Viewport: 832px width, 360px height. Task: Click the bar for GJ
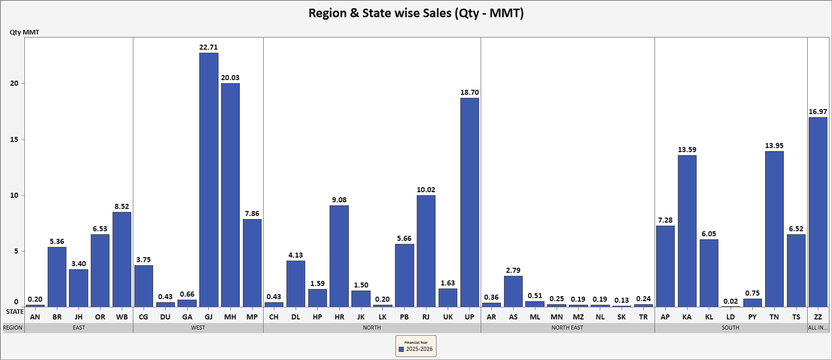(208, 180)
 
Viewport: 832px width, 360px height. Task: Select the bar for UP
(469, 202)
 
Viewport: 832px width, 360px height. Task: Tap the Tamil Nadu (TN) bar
(774, 229)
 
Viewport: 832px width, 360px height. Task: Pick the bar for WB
(122, 260)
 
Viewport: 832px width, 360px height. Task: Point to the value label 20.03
(230, 78)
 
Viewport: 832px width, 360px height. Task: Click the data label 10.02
(426, 190)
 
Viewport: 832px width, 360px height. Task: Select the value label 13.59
(687, 150)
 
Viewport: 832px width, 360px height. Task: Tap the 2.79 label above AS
(513, 270)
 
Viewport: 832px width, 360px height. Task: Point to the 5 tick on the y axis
(15, 251)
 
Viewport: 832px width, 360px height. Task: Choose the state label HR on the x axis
(339, 317)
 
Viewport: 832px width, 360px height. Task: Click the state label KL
(709, 317)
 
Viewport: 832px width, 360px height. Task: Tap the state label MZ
(578, 317)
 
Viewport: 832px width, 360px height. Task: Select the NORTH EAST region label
(567, 328)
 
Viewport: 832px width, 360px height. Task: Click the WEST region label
(198, 328)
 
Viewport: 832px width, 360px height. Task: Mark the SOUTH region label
(731, 328)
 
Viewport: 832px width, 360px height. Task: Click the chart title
(416, 13)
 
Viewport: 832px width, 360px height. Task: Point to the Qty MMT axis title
(24, 32)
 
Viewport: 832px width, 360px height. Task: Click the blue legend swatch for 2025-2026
(402, 349)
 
